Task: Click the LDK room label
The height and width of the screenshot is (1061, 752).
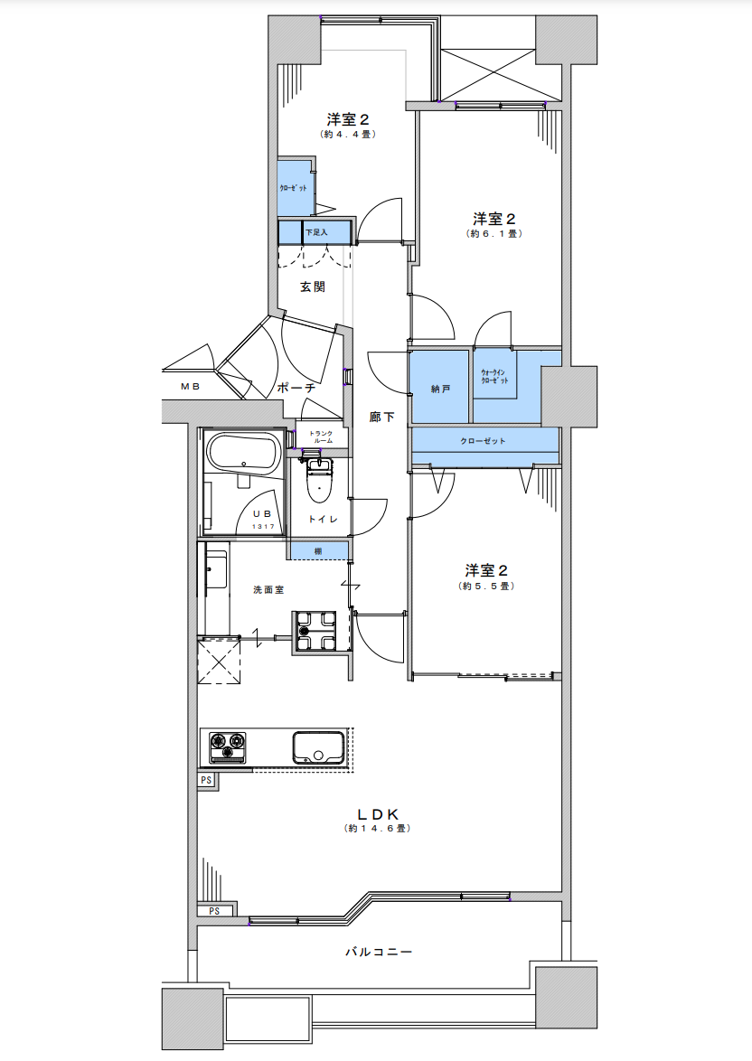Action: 379,814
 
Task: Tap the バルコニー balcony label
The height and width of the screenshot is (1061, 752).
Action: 379,952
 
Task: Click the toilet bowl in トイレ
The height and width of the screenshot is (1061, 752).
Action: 318,480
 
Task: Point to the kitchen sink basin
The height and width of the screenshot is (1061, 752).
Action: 317,747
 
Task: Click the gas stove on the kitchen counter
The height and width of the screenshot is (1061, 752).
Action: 227,747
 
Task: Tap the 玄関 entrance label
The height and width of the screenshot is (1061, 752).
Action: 313,286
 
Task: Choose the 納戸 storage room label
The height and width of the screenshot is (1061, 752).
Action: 441,390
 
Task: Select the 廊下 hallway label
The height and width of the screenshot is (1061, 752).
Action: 381,417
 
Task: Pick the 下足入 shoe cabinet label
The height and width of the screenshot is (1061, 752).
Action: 316,232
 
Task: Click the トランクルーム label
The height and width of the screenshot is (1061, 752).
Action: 321,437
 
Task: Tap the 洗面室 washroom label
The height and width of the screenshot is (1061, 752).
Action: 268,590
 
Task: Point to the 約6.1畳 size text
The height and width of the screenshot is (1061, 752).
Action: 494,234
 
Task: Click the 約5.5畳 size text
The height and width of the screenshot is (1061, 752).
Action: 486,586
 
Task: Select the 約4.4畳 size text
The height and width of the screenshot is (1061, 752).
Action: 348,135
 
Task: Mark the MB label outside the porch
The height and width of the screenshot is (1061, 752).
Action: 190,387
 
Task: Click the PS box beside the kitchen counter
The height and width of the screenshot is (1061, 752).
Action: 206,780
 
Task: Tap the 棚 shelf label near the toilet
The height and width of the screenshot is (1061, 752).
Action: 318,551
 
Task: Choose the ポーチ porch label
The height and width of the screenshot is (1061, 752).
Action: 296,389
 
